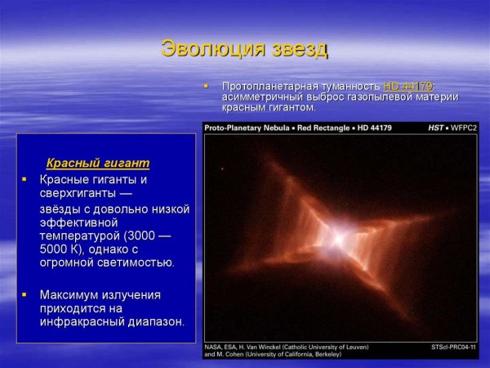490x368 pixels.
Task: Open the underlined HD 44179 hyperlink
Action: click(408, 86)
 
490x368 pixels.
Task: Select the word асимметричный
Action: click(262, 96)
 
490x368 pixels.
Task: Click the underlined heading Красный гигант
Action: click(97, 163)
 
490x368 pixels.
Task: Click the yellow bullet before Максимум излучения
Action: click(24, 294)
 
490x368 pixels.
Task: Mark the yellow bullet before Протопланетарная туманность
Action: click(207, 86)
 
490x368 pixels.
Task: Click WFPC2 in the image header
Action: click(463, 128)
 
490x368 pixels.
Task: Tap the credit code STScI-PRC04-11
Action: click(452, 347)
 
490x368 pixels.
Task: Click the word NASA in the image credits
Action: click(214, 347)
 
